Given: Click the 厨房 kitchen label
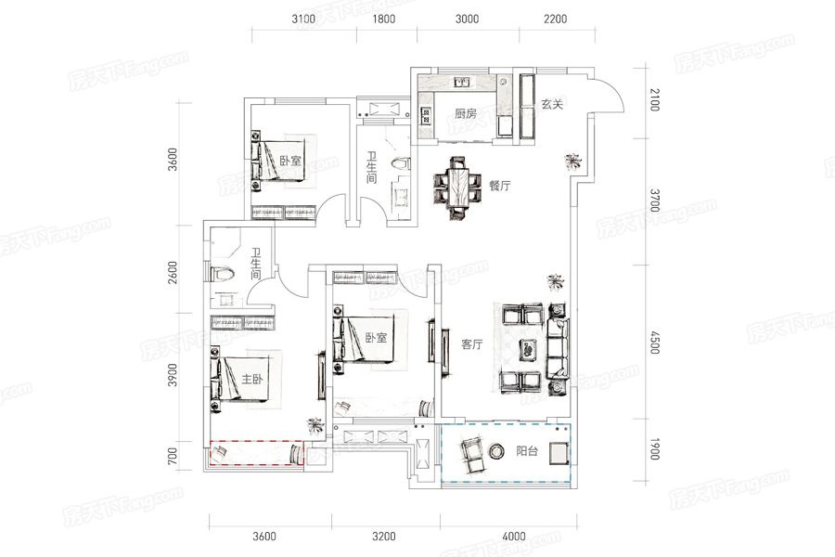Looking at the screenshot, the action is [x=466, y=113].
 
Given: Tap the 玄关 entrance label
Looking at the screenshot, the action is [x=552, y=104].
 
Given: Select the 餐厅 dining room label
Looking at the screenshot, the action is [x=499, y=186].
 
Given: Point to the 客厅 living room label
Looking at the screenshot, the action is [x=472, y=344].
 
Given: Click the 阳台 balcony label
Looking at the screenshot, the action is [x=527, y=451].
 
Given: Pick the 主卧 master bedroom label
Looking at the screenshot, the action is [x=252, y=379].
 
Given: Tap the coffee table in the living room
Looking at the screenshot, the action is [x=529, y=349].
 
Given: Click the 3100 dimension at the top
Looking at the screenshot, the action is [x=303, y=19].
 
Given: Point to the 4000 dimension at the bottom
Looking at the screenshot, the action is [x=514, y=537].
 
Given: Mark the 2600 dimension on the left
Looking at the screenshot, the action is [x=172, y=272].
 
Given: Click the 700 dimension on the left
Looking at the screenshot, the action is [x=172, y=457].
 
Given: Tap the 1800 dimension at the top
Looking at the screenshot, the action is [x=383, y=19].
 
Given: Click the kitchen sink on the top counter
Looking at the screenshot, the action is [x=462, y=82].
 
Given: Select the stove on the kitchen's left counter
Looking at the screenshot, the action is [x=426, y=115].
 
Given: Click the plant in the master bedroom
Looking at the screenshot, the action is [x=315, y=425].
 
